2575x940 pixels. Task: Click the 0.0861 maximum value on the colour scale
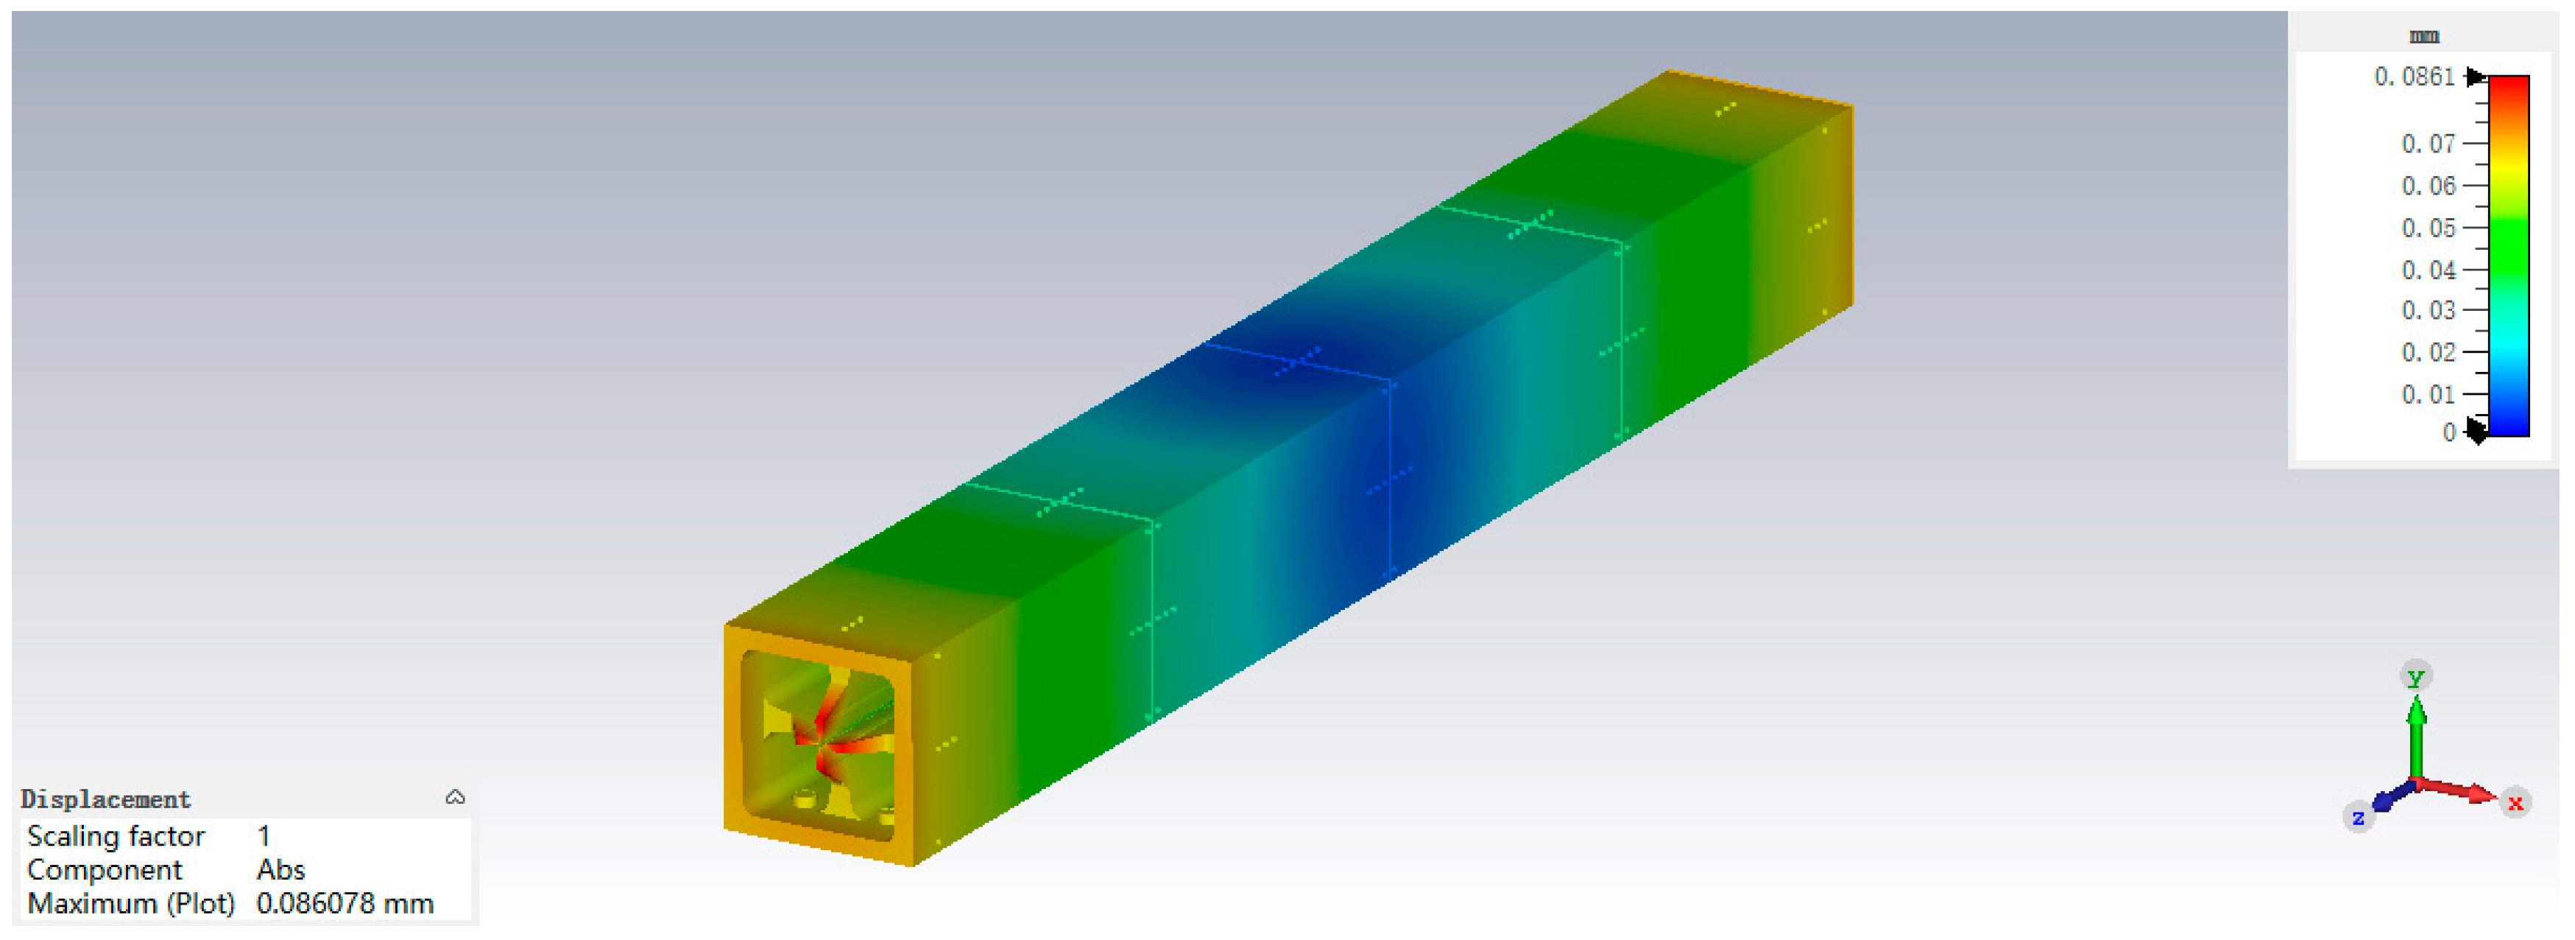pos(2414,77)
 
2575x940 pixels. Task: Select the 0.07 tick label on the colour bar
pos(2428,144)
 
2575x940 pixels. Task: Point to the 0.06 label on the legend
pos(2428,186)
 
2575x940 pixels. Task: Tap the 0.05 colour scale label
pos(2428,228)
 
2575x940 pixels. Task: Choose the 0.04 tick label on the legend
pos(2428,270)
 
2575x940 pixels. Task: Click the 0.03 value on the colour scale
pos(2428,310)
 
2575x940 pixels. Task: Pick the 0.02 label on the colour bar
pos(2428,352)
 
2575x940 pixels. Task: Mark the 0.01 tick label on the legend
pos(2428,394)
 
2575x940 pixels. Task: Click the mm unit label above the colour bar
pos(2424,37)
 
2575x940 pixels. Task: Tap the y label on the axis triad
pos(2416,676)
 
